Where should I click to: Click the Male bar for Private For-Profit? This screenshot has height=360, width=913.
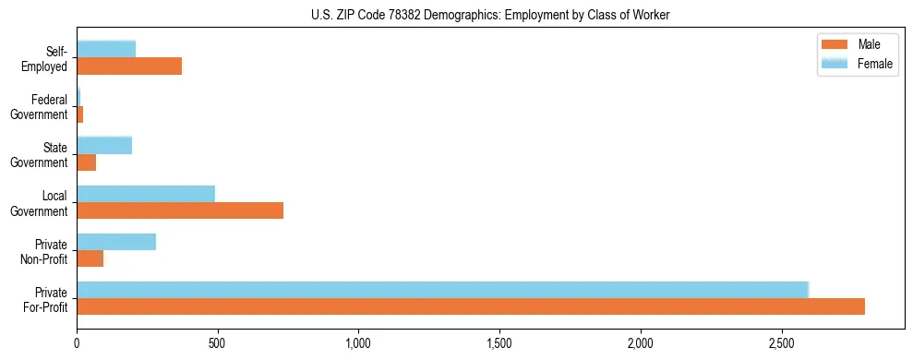coord(471,306)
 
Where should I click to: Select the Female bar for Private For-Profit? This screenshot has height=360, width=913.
coord(442,290)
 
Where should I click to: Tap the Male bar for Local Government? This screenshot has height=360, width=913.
coord(180,210)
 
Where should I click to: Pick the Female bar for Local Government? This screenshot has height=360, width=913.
coord(146,194)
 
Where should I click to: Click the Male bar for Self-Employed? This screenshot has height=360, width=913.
coord(129,66)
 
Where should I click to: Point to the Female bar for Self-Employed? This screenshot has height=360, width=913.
coord(106,49)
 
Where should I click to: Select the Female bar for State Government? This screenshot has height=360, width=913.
coord(104,145)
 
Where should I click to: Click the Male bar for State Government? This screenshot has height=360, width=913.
coord(87,162)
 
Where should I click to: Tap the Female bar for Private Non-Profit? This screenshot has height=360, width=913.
coord(116,242)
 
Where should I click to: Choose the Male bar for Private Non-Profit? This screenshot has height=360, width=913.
coord(90,258)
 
